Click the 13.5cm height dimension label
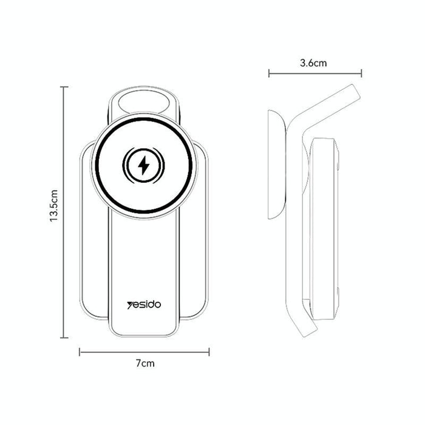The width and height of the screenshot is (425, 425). (x=54, y=206)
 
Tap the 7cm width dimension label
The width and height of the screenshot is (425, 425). (x=144, y=364)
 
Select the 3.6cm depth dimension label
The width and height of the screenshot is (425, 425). (x=314, y=63)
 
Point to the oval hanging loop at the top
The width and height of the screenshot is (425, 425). (x=144, y=100)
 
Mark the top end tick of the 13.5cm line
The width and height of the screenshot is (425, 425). (x=64, y=87)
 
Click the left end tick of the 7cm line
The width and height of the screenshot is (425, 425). (x=80, y=351)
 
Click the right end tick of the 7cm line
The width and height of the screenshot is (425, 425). (x=209, y=351)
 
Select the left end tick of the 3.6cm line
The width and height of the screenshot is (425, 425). (x=269, y=73)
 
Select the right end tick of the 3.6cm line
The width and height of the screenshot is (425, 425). (x=362, y=73)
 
